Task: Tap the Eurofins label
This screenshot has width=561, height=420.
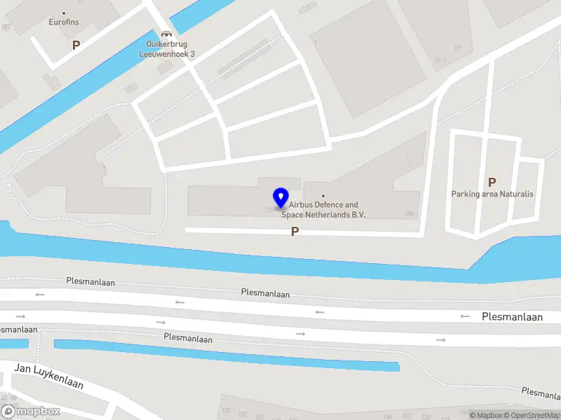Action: coord(64,22)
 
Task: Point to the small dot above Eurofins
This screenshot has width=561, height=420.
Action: coord(64,13)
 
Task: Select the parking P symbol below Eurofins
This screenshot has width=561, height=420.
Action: coord(76,45)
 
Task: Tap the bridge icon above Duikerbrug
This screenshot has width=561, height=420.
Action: coord(166,34)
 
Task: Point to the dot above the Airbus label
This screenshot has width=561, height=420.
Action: coord(323,195)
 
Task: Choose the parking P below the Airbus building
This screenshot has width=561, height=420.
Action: coord(295,232)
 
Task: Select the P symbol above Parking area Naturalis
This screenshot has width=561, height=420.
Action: coord(492,182)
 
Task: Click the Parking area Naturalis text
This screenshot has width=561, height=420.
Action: coord(492,194)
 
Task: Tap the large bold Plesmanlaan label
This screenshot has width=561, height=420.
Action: coord(512,317)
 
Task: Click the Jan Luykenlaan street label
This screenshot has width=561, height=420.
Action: coord(49,376)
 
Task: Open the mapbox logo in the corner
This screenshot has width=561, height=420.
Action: coord(30,412)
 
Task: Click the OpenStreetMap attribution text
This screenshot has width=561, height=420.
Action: coord(532,415)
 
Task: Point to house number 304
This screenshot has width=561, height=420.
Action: coord(410,214)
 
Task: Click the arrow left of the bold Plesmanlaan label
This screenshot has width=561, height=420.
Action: coord(465,316)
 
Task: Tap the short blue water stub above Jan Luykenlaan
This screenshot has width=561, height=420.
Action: coord(14,344)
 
